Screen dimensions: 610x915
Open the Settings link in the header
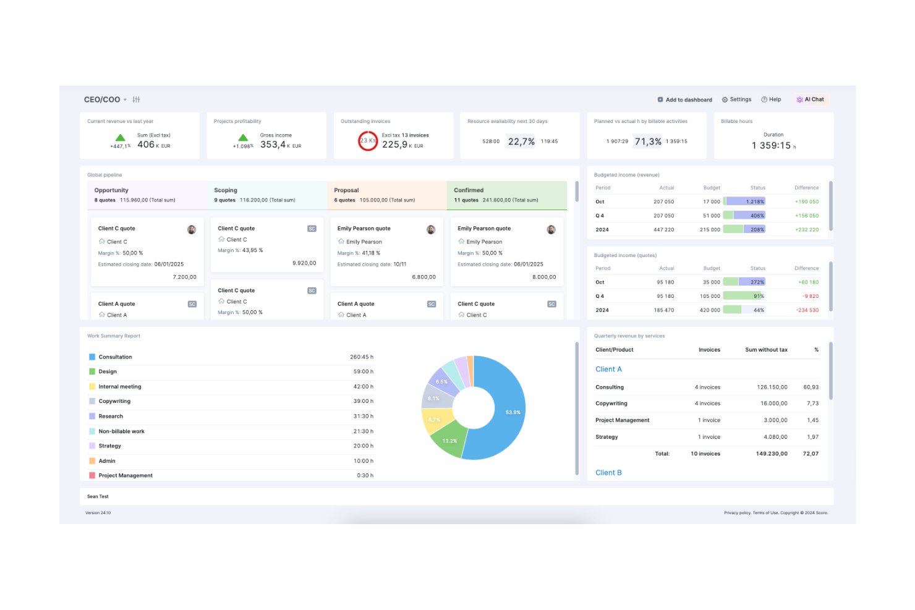(x=737, y=100)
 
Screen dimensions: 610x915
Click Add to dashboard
(x=685, y=100)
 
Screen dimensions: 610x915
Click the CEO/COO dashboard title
(x=102, y=100)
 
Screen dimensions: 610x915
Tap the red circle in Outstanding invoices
(x=368, y=141)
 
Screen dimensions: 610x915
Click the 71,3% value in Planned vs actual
(x=648, y=142)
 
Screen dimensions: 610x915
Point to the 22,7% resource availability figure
(x=521, y=142)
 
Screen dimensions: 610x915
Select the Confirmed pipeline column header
(x=469, y=190)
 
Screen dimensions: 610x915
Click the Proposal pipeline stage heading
(x=346, y=190)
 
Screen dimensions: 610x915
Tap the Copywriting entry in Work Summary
(x=114, y=402)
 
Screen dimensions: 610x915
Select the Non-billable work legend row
(x=121, y=431)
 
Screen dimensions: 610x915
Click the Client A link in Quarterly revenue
(x=608, y=370)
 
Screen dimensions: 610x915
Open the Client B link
(x=608, y=473)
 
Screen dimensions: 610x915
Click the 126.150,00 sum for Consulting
(x=772, y=388)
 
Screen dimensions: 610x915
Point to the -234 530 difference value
(x=807, y=310)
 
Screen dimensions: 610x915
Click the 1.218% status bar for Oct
(x=745, y=201)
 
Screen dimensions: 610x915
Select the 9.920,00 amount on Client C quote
(x=304, y=263)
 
